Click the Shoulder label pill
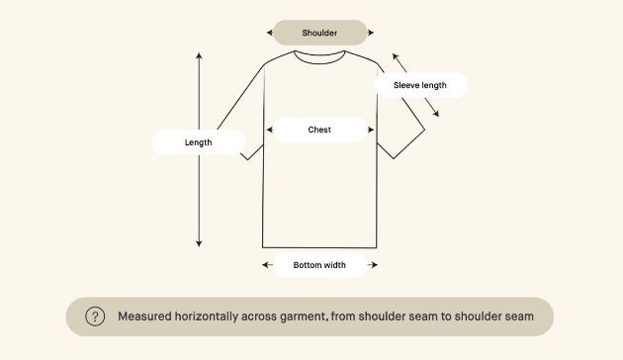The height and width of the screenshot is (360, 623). (x=319, y=33)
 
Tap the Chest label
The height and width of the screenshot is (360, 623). (x=319, y=130)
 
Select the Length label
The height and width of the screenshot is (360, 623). (x=199, y=142)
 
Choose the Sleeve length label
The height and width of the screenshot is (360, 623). (x=420, y=85)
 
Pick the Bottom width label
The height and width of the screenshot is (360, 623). (x=319, y=265)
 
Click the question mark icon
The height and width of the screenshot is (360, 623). (x=95, y=316)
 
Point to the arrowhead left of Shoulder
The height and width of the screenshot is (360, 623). (x=270, y=33)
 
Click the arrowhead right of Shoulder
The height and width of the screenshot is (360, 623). (x=371, y=33)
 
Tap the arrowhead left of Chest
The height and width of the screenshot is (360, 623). (x=270, y=130)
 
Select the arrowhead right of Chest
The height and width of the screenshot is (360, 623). (x=371, y=130)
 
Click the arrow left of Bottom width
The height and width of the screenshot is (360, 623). (x=267, y=265)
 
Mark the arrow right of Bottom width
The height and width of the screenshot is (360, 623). (x=372, y=265)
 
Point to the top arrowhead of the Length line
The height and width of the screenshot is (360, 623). (x=199, y=55)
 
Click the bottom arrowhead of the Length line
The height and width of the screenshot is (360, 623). (x=199, y=243)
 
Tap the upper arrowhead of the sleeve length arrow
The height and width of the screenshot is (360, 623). (x=396, y=56)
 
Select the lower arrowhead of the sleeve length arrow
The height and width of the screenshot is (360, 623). (x=436, y=114)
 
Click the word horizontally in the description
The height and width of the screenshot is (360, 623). (x=207, y=316)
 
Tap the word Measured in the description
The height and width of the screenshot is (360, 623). (x=144, y=316)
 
